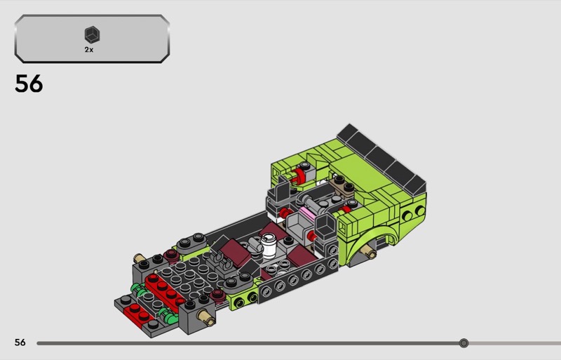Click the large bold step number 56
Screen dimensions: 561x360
tap(29, 84)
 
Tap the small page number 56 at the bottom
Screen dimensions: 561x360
tap(20, 342)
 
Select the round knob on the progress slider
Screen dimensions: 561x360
tap(464, 343)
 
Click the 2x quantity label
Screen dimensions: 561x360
tap(89, 50)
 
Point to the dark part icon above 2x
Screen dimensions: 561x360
tap(92, 35)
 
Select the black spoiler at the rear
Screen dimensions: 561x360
tap(381, 159)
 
